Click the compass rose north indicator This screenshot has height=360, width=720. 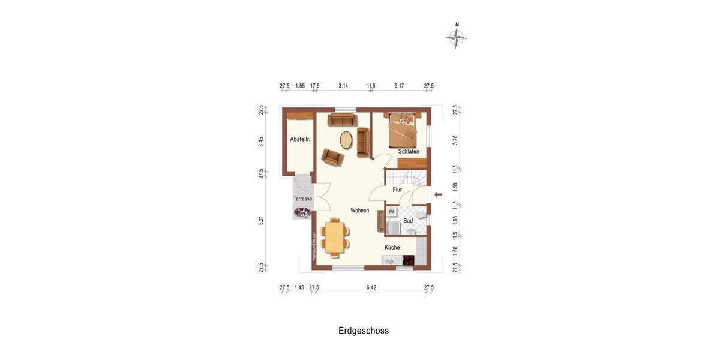pos(457,37)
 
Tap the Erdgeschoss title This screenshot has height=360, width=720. pos(364,331)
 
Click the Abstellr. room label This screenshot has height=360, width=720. pos(300,139)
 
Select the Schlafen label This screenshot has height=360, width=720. pos(409,151)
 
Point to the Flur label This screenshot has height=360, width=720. pos(397,190)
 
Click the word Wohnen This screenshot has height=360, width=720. pos(360,211)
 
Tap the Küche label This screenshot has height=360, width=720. pos(392,247)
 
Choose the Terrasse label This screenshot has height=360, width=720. pos(302,199)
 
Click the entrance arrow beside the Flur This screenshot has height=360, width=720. pos(439,194)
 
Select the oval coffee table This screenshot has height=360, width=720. pos(346,140)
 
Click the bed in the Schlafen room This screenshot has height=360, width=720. pos(402,131)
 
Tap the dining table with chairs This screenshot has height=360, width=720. pos(335,236)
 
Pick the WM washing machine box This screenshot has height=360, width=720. pos(391,212)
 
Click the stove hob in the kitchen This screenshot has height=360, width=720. pos(409,260)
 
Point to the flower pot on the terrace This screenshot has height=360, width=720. pos(302,212)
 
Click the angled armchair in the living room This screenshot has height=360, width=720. pos(332,157)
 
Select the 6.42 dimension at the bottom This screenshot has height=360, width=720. pos(371,287)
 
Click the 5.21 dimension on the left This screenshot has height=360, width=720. pos(261,220)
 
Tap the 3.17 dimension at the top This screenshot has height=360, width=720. pos(399,86)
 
